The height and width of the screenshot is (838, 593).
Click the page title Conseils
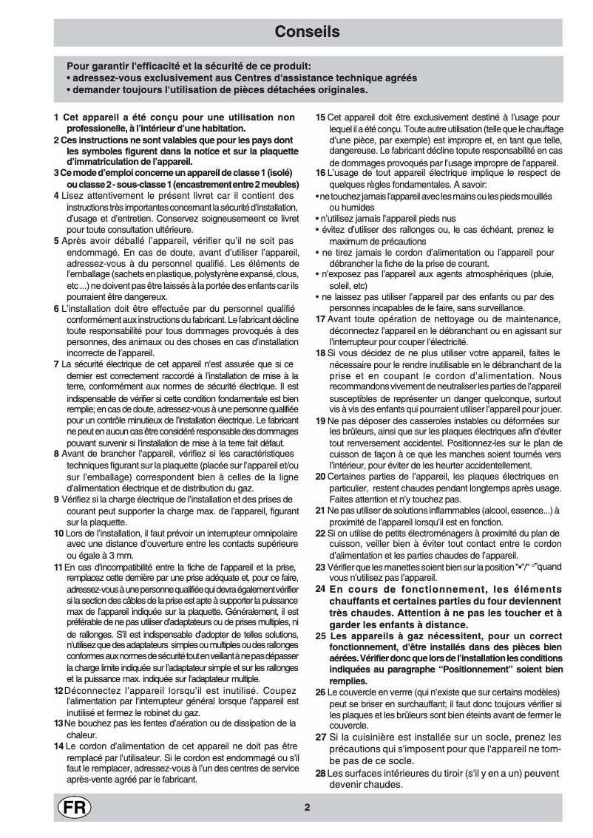click(x=307, y=32)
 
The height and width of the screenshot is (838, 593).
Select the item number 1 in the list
click(x=56, y=117)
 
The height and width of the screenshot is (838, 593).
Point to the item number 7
click(x=56, y=364)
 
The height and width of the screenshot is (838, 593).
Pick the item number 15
click(x=320, y=117)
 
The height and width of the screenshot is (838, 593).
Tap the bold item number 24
click(x=320, y=589)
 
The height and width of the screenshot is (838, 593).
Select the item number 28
click(x=320, y=774)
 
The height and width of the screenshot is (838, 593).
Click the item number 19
click(x=320, y=421)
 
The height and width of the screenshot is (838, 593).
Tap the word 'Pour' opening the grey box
click(x=78, y=65)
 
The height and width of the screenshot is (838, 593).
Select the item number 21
click(x=320, y=511)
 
